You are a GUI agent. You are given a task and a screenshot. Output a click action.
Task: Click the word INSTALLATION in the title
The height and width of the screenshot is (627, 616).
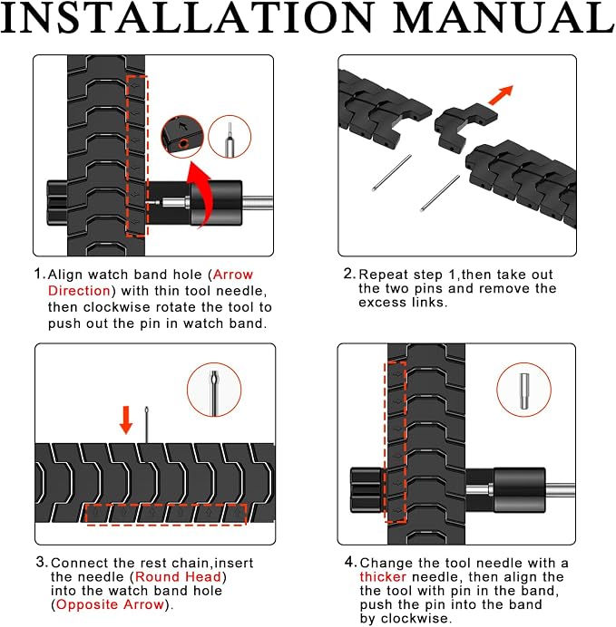(x=187, y=17)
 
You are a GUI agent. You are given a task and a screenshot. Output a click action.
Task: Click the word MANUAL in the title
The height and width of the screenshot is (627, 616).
(x=504, y=17)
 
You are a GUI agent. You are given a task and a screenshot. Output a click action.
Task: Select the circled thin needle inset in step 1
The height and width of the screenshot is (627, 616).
(x=230, y=137)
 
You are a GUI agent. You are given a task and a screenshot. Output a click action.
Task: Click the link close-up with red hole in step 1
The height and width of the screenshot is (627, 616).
(x=182, y=136)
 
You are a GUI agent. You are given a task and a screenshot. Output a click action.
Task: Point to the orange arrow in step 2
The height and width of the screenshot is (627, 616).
(x=501, y=95)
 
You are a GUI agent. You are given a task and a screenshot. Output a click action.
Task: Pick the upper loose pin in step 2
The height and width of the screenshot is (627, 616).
(x=391, y=173)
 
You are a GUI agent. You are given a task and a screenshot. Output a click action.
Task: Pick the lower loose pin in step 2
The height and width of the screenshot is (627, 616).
(x=439, y=194)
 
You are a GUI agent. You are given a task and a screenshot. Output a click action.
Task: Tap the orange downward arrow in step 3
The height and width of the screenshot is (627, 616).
(x=126, y=420)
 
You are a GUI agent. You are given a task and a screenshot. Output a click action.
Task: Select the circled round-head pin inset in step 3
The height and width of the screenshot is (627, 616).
(x=214, y=390)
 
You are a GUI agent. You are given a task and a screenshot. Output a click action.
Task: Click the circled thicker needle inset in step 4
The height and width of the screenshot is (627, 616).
(x=524, y=390)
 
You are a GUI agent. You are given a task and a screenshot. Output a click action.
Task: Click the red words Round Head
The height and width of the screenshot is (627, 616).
(x=178, y=576)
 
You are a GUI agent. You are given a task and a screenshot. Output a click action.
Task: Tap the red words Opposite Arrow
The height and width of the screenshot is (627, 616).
(x=110, y=604)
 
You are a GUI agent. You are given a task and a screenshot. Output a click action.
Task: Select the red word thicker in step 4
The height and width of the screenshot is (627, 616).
(x=383, y=576)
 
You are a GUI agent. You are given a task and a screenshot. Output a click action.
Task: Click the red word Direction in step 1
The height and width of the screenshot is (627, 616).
(x=79, y=291)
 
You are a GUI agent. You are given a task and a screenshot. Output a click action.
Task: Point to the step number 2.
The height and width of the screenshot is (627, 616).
(x=348, y=274)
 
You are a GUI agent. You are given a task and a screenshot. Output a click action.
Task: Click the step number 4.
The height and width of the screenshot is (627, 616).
(x=349, y=563)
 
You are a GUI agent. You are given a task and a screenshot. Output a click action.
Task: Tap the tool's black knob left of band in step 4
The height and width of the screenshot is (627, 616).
(x=367, y=490)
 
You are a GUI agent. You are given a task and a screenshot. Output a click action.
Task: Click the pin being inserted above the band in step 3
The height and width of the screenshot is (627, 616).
(x=146, y=425)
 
